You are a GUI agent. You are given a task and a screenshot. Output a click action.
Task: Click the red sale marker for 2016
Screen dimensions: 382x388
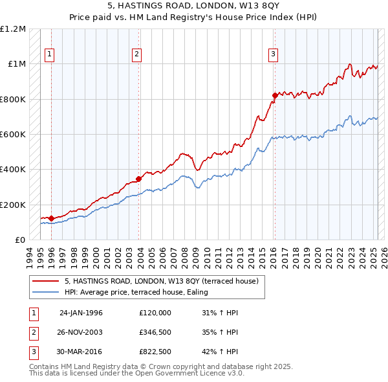click(275, 95)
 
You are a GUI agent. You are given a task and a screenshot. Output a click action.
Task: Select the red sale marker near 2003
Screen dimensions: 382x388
click(139, 179)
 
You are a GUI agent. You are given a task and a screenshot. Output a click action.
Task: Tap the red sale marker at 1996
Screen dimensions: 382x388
click(51, 219)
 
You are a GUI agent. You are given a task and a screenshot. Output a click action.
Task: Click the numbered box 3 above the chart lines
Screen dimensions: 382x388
click(274, 54)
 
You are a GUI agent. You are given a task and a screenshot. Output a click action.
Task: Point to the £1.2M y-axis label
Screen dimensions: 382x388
click(13, 29)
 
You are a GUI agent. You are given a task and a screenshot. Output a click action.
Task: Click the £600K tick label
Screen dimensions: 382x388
click(13, 135)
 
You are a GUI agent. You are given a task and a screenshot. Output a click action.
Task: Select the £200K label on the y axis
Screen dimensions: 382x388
click(13, 205)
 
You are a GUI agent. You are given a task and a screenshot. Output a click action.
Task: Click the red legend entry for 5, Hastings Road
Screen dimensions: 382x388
click(162, 281)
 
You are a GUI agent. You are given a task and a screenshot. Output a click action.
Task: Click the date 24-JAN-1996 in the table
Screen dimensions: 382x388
click(81, 312)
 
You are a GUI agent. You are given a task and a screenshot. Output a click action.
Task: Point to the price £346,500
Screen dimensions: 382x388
click(155, 333)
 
